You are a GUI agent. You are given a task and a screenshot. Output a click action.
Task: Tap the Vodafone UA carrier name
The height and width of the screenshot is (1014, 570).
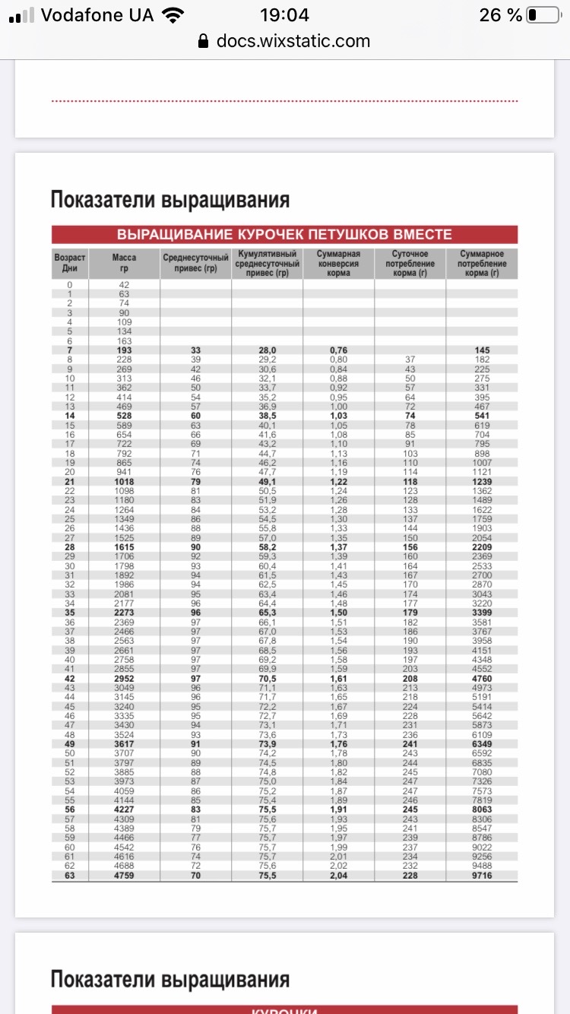point(97,15)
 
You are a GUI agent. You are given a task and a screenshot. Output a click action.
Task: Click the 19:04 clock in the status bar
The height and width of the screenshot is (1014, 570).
point(284,15)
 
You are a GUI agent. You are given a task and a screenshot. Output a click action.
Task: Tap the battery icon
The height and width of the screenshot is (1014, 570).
point(543,15)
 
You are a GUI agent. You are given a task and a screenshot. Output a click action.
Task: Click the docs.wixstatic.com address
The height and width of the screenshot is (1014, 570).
point(293,41)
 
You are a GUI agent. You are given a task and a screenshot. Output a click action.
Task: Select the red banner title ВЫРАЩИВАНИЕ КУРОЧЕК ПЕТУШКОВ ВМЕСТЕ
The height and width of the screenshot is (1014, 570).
point(284,234)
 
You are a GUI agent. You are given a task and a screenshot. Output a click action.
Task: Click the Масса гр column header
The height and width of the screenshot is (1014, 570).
point(124,263)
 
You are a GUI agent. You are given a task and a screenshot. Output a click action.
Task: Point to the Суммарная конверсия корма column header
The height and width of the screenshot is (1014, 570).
point(338,263)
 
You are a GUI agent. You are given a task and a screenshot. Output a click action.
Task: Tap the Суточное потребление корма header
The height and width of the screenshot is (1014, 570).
point(410,263)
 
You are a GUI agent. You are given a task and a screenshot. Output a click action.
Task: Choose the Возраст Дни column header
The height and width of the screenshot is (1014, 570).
point(70,263)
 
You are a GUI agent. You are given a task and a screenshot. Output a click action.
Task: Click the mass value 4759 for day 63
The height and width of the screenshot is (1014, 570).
point(124,876)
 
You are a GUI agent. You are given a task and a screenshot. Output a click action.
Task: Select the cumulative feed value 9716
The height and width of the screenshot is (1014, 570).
point(483,876)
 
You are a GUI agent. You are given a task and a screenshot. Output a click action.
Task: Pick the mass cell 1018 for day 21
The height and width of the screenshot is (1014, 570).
point(124,482)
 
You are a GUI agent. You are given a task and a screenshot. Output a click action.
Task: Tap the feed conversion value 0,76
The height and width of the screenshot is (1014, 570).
point(338,350)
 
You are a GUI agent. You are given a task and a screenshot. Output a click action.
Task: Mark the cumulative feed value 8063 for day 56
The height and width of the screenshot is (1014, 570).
point(483,810)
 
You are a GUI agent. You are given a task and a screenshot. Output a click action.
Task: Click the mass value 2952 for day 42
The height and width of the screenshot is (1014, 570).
point(124,679)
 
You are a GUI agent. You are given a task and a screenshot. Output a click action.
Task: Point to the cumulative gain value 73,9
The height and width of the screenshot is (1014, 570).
point(267,744)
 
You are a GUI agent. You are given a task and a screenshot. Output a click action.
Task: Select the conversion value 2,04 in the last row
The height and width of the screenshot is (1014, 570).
point(338,876)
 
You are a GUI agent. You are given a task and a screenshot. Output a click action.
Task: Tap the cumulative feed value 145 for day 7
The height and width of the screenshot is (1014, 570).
point(483,350)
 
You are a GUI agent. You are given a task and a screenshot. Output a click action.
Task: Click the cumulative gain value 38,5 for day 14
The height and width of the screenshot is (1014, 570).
point(267,416)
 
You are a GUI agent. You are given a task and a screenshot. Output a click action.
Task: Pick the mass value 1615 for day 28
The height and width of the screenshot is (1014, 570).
point(124,547)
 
